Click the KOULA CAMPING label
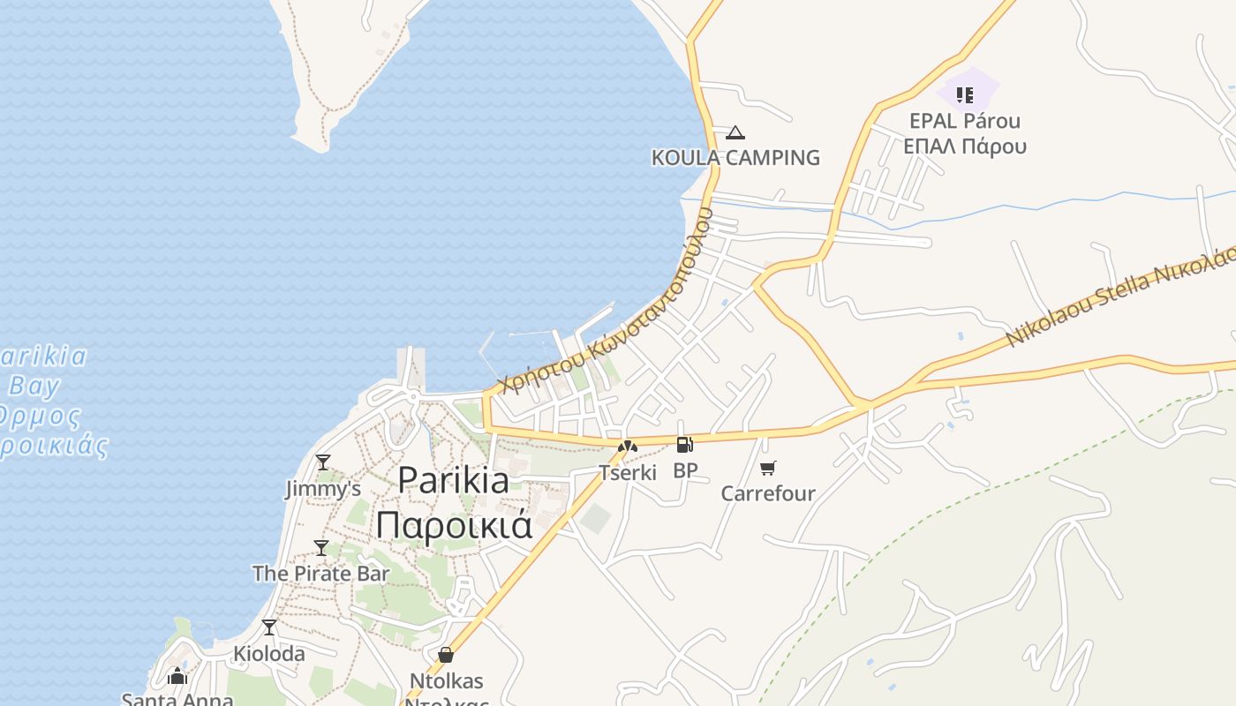tap(735, 158)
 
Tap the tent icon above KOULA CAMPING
tap(735, 133)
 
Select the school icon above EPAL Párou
tap(965, 94)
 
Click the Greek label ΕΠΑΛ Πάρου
tap(965, 146)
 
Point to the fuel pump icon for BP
tap(684, 445)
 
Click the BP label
tap(685, 470)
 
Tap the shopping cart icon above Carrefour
tap(768, 468)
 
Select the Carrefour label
tap(768, 493)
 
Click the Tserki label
tap(628, 473)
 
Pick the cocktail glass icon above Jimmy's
tap(323, 462)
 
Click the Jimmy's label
tap(323, 488)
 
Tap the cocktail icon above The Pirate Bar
tap(321, 547)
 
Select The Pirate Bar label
tap(321, 574)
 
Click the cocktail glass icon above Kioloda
tap(269, 627)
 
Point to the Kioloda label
tap(269, 654)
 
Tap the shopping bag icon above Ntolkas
tap(446, 655)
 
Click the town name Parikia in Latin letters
tap(453, 480)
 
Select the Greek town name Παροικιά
tap(454, 523)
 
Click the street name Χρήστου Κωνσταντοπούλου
tap(605, 300)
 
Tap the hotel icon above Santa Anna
tap(177, 677)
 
